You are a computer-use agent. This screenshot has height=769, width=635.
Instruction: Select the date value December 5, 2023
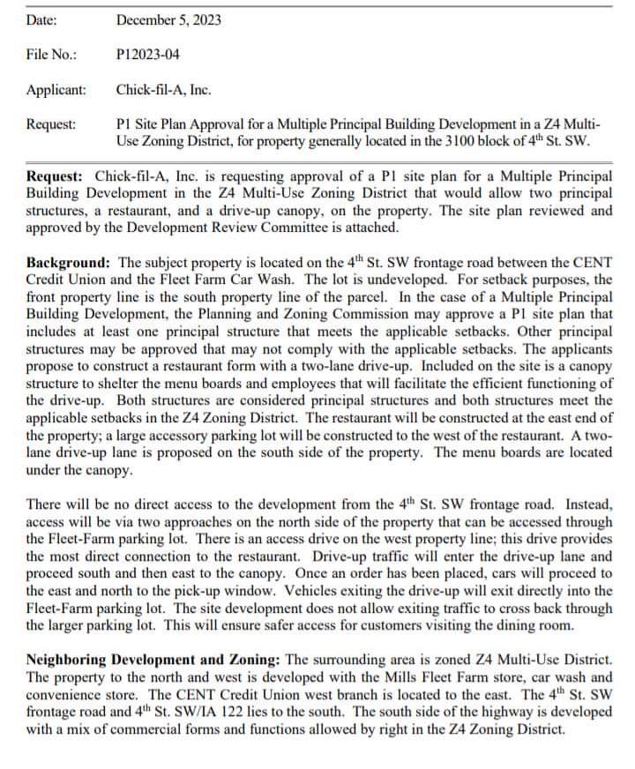click(168, 19)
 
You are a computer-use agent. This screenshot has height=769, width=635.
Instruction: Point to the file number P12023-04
click(147, 55)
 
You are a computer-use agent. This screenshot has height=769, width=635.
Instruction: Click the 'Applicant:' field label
click(56, 90)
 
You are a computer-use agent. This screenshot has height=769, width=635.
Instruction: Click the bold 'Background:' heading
click(70, 263)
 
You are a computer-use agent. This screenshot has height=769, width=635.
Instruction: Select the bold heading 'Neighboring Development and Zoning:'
click(153, 660)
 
